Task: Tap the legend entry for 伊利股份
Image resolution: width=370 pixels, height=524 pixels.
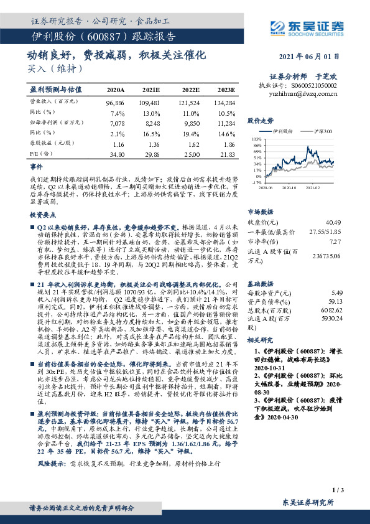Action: click(284, 131)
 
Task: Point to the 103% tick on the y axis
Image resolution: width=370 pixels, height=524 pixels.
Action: click(256, 139)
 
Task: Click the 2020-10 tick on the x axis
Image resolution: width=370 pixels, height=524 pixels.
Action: click(289, 186)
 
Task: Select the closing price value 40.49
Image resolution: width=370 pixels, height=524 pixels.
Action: click(333, 222)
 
